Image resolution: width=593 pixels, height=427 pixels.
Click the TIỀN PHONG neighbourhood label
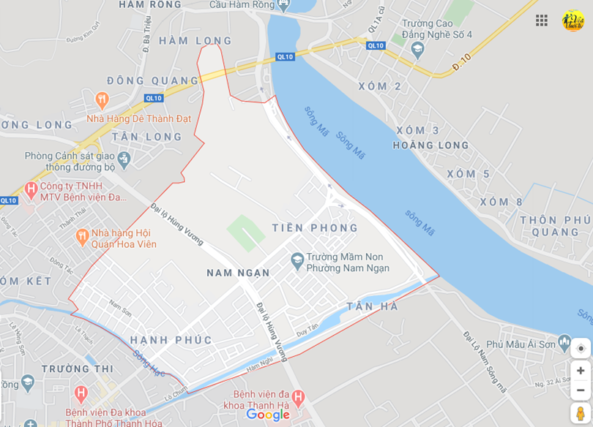[315, 228]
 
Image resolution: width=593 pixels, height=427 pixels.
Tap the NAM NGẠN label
[238, 273]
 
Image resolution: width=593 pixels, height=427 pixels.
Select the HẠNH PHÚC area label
[171, 340]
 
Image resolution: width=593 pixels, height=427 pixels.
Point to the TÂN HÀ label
[373, 306]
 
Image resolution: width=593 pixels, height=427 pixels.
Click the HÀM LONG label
[195, 41]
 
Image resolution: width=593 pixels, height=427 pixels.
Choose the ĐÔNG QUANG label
[152, 80]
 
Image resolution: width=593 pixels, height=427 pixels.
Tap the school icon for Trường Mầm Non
[297, 260]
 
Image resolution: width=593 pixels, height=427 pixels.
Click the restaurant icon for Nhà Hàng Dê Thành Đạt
[102, 99]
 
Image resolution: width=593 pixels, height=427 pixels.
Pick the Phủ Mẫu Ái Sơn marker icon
[564, 341]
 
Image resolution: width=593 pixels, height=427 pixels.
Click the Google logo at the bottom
[268, 415]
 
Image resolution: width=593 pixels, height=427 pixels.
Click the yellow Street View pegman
[580, 413]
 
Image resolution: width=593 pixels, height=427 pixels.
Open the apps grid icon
[542, 20]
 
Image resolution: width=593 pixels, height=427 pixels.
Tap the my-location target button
[581, 348]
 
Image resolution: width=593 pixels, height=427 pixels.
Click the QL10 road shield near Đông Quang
[153, 98]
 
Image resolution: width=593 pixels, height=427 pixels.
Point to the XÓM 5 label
[469, 174]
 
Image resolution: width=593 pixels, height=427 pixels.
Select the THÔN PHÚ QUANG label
[556, 226]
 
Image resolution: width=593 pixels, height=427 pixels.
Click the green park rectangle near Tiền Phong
[245, 233]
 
